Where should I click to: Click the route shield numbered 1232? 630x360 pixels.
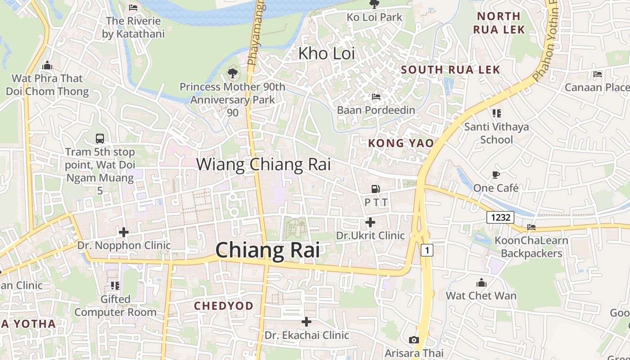[500, 218]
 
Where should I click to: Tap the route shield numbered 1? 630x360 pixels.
[427, 250]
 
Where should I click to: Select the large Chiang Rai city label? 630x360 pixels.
[268, 250]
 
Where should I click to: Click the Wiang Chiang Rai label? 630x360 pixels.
[263, 164]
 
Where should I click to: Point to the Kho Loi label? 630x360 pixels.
[327, 54]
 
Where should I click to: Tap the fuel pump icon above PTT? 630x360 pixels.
[375, 189]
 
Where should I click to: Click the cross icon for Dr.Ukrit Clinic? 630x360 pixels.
[370, 222]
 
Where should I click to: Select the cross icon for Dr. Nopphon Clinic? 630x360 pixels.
[124, 232]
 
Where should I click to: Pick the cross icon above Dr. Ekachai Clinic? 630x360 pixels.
[306, 322]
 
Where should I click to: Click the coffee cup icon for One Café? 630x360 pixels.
[496, 175]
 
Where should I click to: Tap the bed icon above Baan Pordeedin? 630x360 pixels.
[376, 96]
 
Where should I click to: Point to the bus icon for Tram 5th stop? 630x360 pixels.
[100, 138]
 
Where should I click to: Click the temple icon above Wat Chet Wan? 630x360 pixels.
[481, 283]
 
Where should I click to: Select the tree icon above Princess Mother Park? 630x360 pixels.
[232, 73]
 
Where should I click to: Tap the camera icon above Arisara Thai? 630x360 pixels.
[414, 340]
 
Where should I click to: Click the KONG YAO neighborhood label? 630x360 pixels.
[401, 143]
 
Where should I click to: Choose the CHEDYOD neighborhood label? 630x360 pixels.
[224, 306]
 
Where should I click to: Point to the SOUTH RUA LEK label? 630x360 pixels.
[450, 70]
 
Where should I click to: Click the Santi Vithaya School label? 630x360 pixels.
[496, 133]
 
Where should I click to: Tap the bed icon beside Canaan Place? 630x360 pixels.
[598, 74]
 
